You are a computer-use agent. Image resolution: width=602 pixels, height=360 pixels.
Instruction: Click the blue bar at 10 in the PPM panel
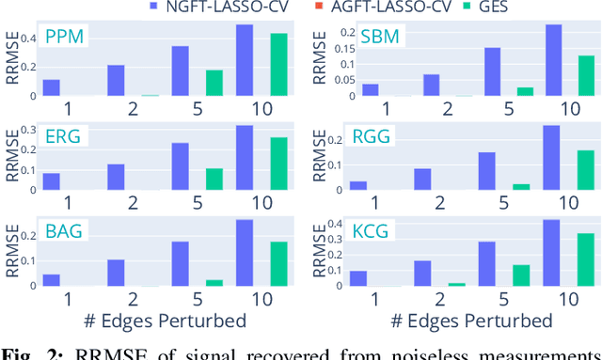coord(244,60)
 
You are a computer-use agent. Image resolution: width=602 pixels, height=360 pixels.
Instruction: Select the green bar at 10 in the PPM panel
coord(278,65)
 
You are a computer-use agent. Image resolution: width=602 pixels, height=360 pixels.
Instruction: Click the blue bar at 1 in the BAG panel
coord(51,280)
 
